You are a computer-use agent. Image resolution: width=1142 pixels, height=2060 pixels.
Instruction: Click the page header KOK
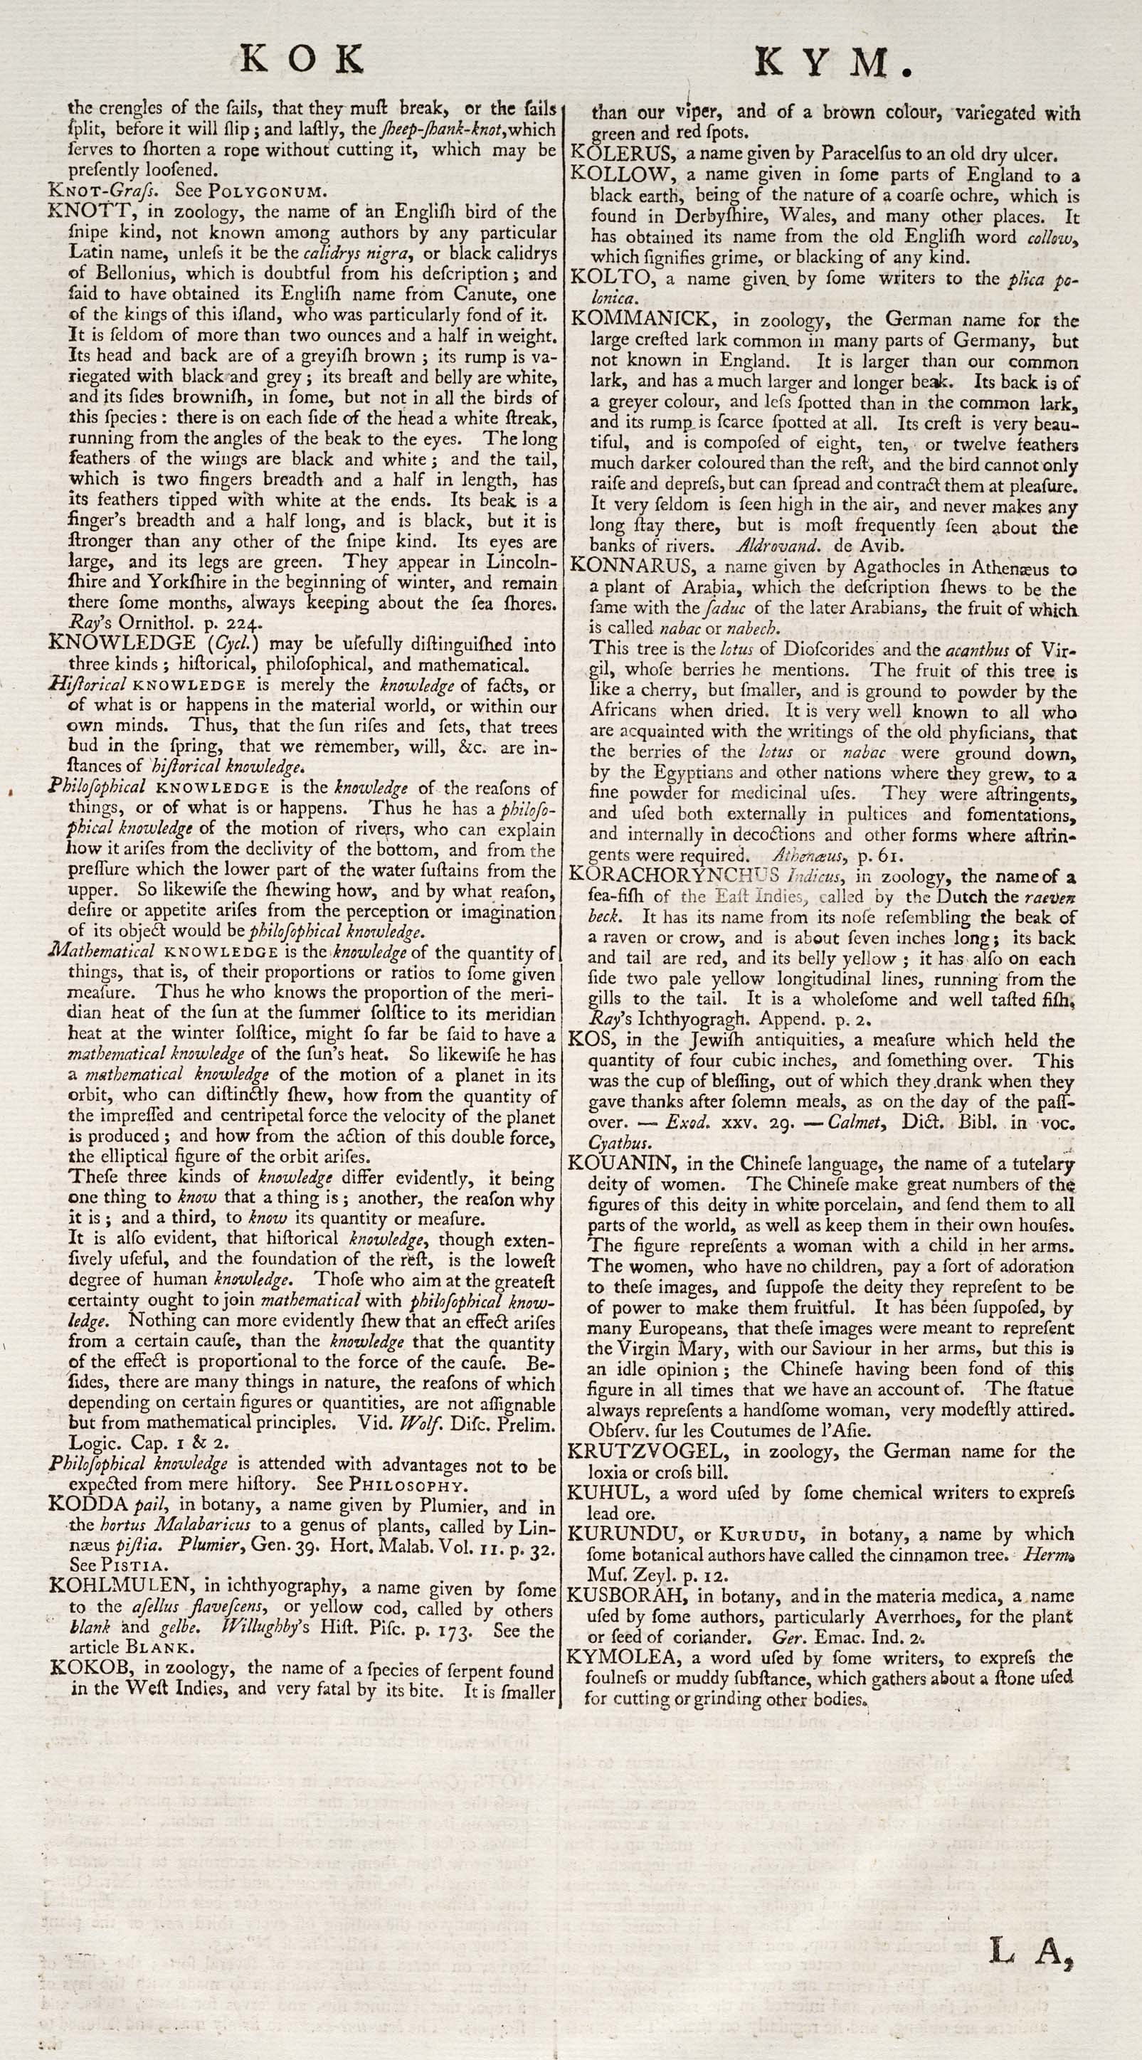pos(303,59)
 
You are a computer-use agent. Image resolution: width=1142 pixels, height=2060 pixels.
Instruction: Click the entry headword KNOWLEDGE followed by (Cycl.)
pos(121,643)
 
